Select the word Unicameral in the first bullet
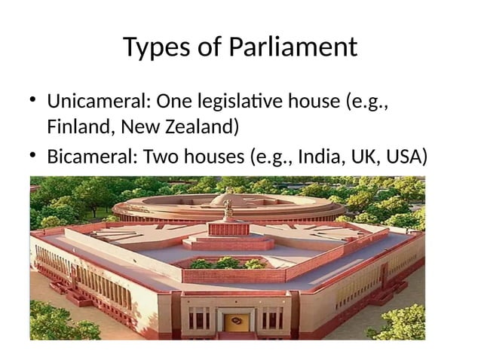(90, 100)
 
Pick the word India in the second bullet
(317, 157)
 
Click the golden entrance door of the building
(235, 323)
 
